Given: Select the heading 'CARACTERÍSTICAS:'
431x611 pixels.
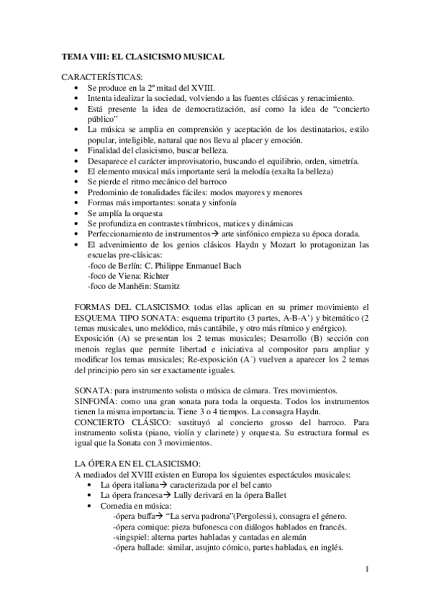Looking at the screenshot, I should [102, 76].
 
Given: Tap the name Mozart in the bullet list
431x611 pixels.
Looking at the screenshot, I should [288, 244].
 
